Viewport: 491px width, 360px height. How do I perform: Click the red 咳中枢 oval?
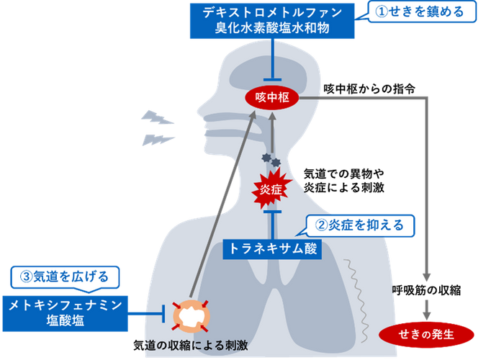[271, 97]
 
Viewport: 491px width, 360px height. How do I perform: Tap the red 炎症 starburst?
[271, 190]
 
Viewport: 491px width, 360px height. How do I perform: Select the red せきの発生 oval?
[427, 333]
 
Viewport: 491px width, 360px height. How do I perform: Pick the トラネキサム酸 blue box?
[271, 248]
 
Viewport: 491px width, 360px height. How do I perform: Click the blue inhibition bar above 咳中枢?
[271, 78]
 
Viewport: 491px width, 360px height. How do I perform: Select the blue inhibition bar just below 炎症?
[271, 213]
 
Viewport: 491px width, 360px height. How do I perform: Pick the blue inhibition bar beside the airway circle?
[166, 313]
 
